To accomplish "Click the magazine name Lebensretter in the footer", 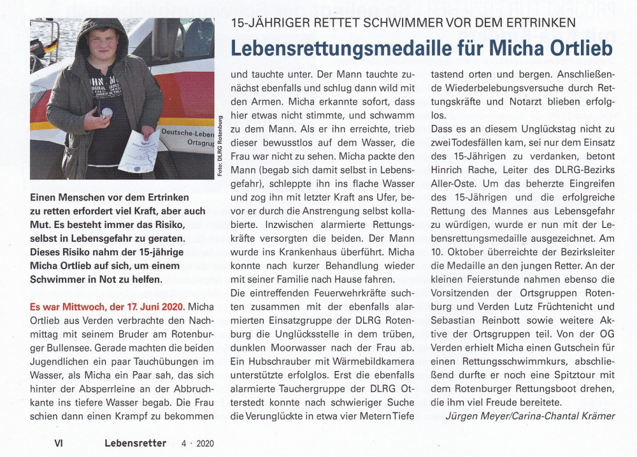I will [136, 443].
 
